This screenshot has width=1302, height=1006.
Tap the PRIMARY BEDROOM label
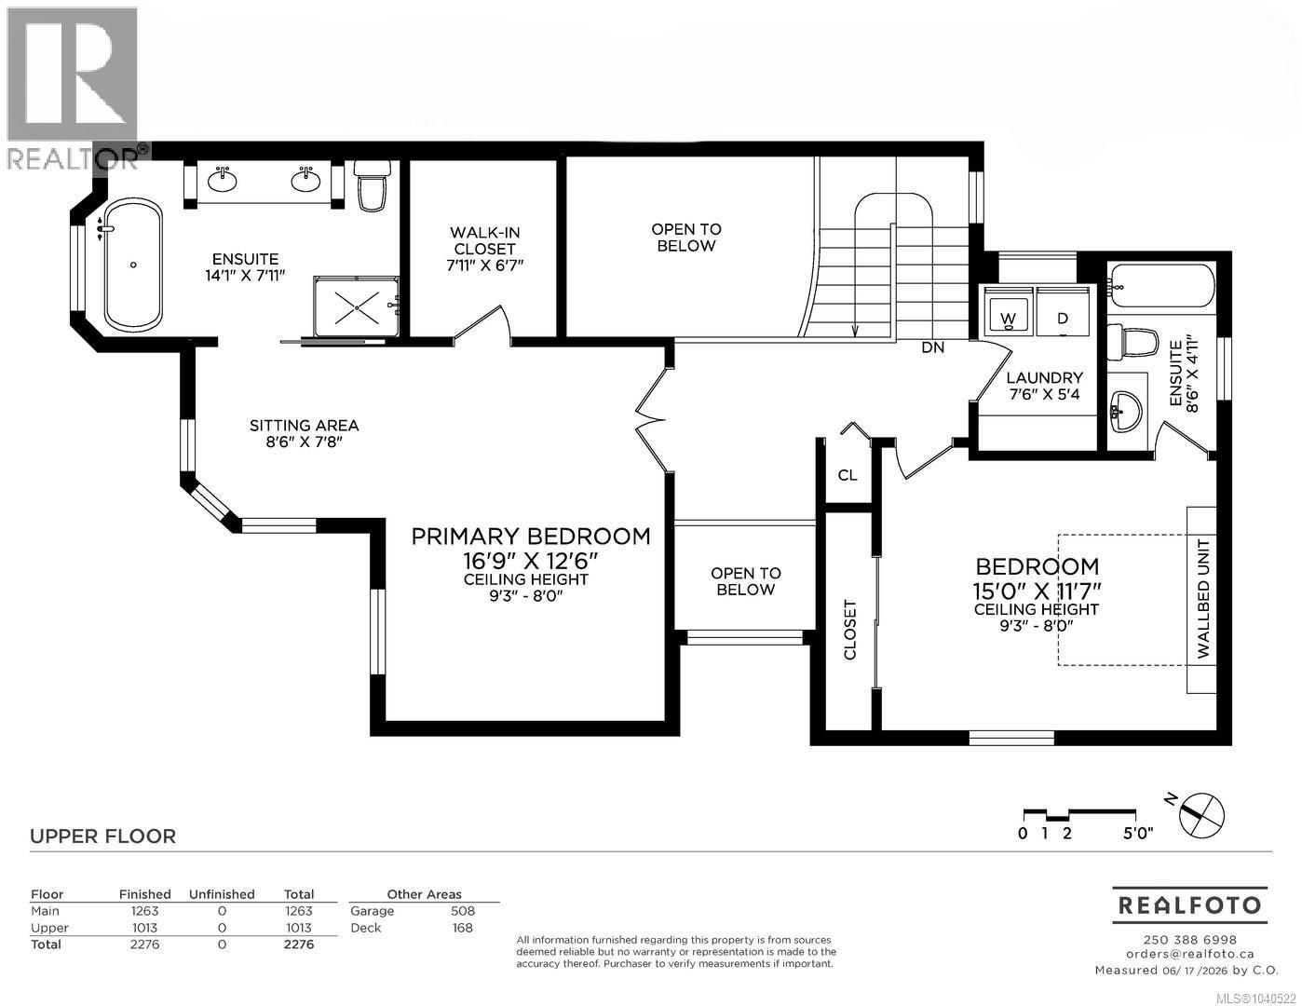tap(530, 537)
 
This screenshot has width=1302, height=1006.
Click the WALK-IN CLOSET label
tap(484, 240)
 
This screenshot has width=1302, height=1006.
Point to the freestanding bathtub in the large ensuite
tap(133, 265)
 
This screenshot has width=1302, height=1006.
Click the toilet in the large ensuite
tap(373, 185)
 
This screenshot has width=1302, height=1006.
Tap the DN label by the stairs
tap(933, 347)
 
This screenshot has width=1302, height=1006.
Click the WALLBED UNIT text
tap(1203, 599)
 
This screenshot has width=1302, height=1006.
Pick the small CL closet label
tap(848, 475)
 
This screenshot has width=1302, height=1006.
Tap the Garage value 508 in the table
tap(463, 911)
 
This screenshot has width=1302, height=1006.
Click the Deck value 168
tap(463, 928)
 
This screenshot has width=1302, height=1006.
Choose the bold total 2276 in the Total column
tap(298, 945)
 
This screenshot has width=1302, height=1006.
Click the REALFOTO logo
tap(1190, 905)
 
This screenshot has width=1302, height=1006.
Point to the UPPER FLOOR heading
tap(103, 836)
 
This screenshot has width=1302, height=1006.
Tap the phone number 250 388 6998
tap(1190, 940)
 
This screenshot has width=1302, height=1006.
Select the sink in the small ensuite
tap(1126, 412)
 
